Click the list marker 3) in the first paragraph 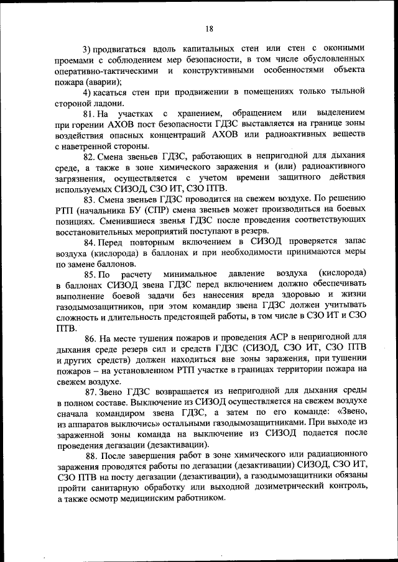click(88, 48)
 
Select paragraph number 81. click(90, 115)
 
